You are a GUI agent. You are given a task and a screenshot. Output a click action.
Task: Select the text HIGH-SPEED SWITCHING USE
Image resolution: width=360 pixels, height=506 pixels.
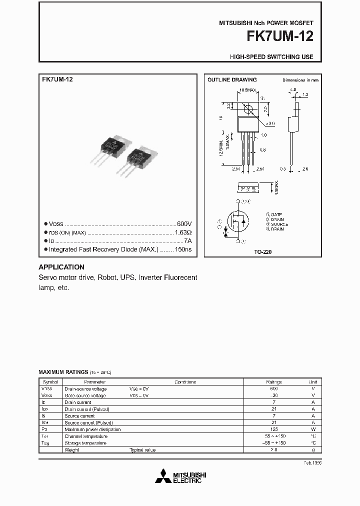[271, 57]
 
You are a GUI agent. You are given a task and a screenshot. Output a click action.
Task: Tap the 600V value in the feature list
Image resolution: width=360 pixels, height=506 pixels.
[184, 224]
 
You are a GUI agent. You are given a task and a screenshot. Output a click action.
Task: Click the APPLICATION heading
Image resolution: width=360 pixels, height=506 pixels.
[61, 267]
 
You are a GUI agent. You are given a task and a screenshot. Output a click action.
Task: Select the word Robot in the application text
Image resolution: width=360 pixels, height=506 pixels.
[106, 277]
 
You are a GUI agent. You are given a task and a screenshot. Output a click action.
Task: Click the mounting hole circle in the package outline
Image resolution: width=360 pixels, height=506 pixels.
[247, 108]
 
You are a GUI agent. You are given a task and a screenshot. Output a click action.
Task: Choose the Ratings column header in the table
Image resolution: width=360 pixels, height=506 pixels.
[274, 382]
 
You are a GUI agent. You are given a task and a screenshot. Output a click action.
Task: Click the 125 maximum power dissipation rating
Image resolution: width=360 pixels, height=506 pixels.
[274, 429]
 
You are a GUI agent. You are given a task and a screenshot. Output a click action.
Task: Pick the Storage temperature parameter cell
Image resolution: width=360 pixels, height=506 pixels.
[85, 443]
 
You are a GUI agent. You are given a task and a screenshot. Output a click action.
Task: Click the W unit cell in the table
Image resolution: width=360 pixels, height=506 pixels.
[312, 429]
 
